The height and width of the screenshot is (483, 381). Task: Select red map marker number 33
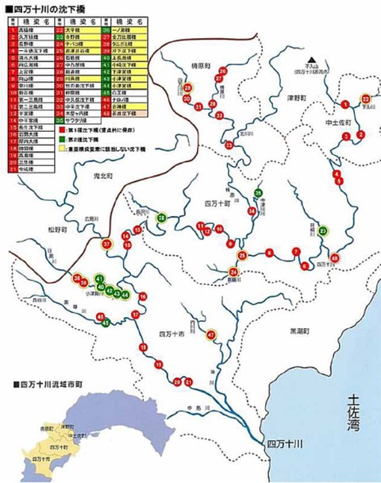[x=229, y=145]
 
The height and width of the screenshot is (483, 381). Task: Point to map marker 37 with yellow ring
[x=106, y=244]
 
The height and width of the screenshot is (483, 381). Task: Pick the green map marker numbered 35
[x=259, y=193]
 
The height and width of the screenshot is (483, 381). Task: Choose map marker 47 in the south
[x=211, y=334]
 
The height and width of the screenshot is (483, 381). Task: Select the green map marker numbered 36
[x=161, y=217]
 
